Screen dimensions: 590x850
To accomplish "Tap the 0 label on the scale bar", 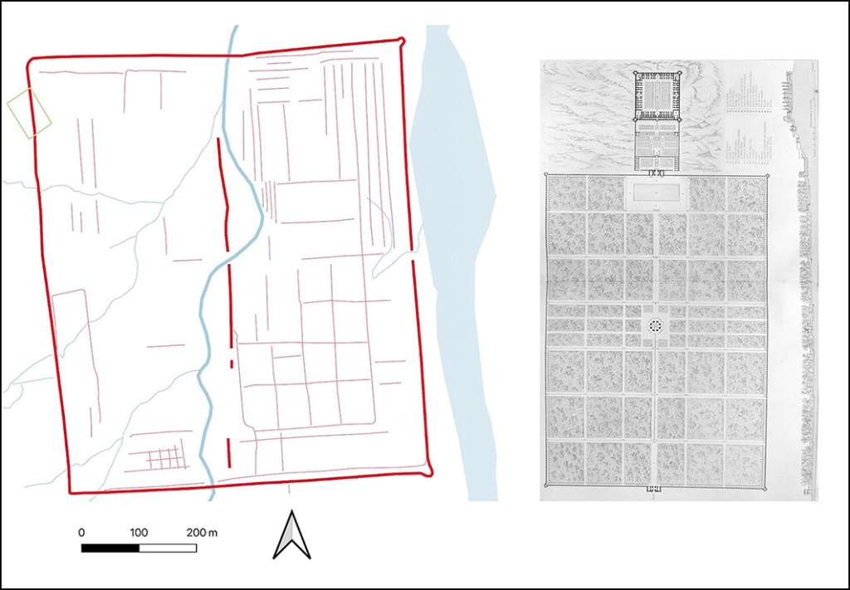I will [x=81, y=531].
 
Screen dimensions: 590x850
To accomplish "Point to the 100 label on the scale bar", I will [x=139, y=531].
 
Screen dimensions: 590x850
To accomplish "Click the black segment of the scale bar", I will [x=110, y=548].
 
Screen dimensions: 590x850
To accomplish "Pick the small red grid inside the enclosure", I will [x=164, y=457].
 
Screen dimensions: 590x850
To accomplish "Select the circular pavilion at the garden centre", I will [x=656, y=325].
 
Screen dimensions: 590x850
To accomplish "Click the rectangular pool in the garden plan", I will [x=657, y=193].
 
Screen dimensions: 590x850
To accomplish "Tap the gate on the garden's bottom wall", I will [x=656, y=489].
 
